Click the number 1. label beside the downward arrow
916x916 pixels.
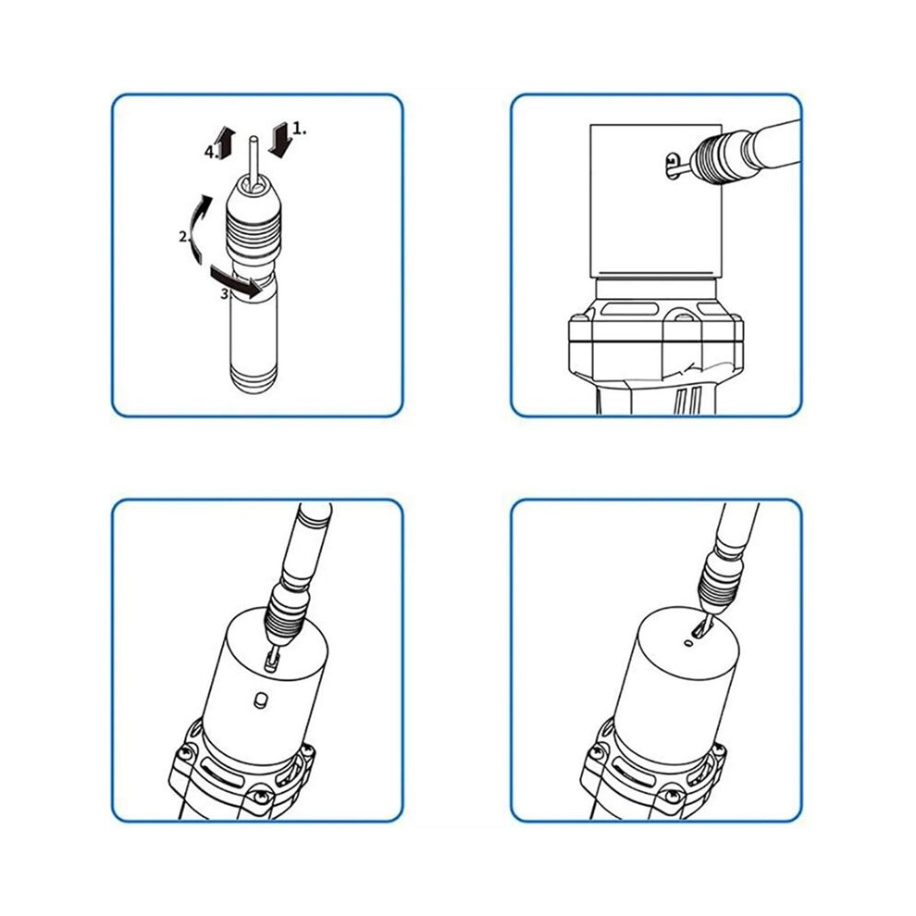(x=300, y=129)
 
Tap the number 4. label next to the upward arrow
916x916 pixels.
(x=211, y=153)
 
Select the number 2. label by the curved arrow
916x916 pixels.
(x=185, y=237)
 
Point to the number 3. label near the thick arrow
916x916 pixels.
(x=227, y=294)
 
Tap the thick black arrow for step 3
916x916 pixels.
(x=235, y=281)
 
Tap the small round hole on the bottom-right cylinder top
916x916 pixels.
(x=689, y=643)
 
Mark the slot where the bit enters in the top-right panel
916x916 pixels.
(x=675, y=166)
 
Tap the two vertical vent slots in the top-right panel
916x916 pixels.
(x=688, y=400)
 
